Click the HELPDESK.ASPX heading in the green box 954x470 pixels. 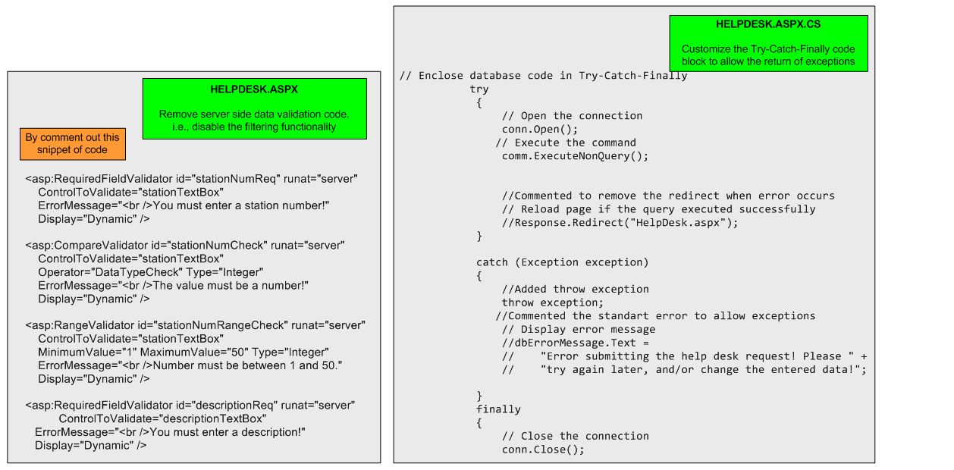(x=254, y=89)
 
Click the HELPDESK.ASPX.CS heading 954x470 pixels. (x=768, y=24)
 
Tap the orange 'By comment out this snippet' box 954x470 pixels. (x=73, y=143)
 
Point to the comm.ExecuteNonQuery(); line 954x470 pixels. (x=575, y=156)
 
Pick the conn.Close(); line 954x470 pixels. (x=543, y=449)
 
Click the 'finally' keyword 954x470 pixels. (x=498, y=409)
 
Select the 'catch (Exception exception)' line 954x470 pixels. (x=562, y=262)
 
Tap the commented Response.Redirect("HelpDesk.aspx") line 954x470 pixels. (x=620, y=222)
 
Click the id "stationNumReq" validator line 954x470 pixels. (x=191, y=180)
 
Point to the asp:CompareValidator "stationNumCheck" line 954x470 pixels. (x=185, y=246)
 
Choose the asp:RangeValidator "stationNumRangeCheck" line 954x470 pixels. (x=195, y=325)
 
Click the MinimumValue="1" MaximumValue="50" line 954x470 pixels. (x=183, y=352)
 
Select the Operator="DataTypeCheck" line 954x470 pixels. (x=150, y=272)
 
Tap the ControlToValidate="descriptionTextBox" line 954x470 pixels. (x=162, y=418)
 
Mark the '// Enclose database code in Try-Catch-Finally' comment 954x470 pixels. (x=543, y=76)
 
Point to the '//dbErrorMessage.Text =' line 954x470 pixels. (x=576, y=343)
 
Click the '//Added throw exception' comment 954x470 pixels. (x=575, y=289)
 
